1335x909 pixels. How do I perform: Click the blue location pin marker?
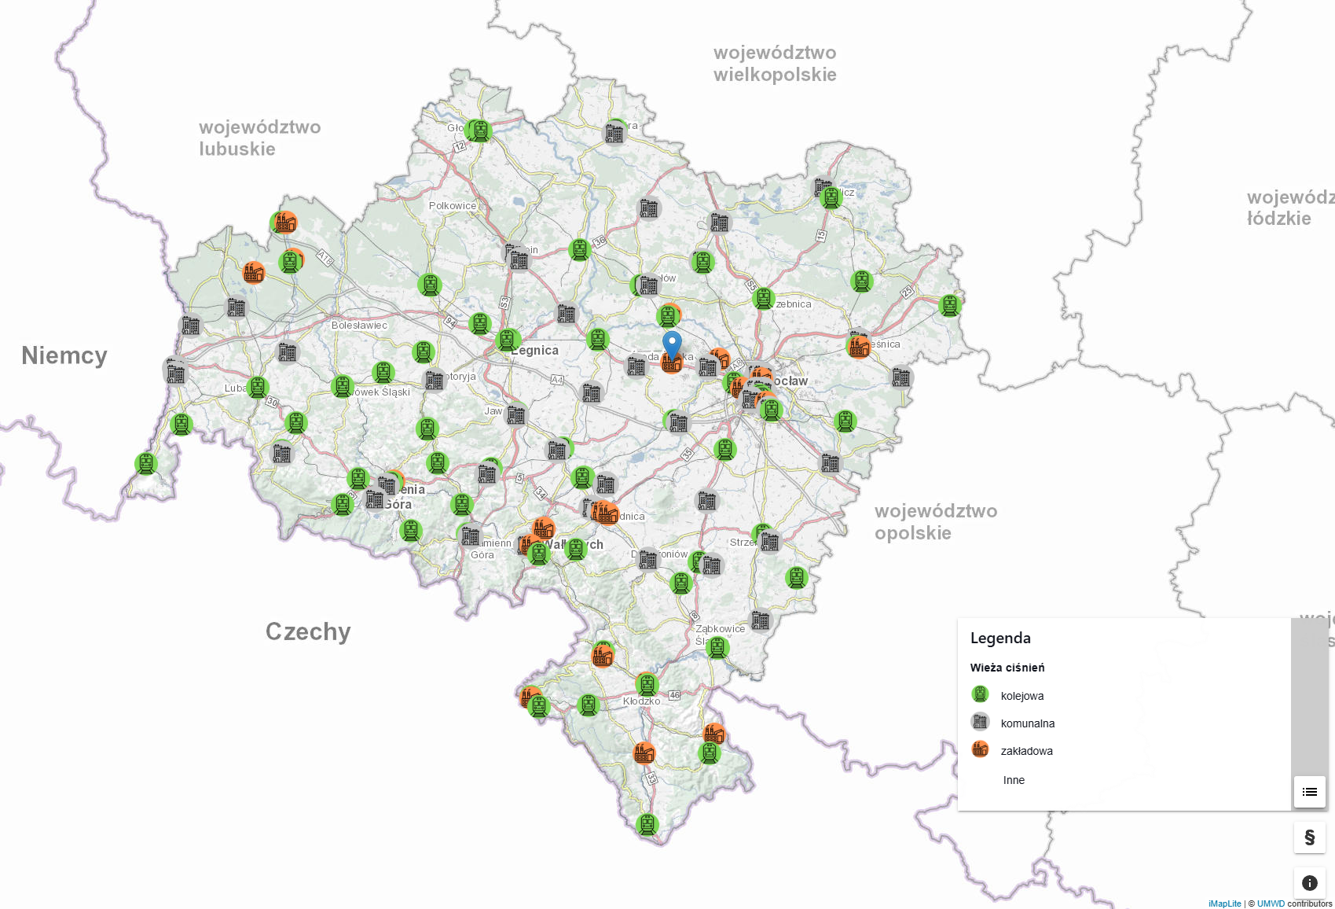(x=672, y=344)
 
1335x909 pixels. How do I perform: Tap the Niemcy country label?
(x=64, y=355)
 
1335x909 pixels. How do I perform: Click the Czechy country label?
(x=308, y=631)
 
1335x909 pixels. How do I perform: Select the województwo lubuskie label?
(x=259, y=138)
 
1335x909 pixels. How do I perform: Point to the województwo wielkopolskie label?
(x=775, y=64)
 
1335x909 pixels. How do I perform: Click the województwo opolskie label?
(x=936, y=522)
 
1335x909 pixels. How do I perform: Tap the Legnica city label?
(x=535, y=351)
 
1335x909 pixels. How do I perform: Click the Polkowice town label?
(x=452, y=206)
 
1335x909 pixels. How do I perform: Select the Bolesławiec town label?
(x=359, y=326)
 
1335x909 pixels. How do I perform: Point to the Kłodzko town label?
(x=641, y=701)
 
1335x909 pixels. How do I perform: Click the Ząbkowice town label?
(x=721, y=628)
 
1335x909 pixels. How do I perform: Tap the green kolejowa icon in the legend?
(x=980, y=694)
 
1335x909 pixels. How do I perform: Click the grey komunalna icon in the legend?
(x=980, y=722)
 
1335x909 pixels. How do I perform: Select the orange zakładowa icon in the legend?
(x=980, y=749)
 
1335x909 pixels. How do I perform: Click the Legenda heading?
(x=1000, y=639)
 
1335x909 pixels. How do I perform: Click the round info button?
(x=1309, y=883)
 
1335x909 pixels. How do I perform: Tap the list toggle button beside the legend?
(x=1309, y=792)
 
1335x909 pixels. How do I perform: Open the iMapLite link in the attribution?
(x=1224, y=903)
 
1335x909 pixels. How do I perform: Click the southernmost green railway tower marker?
(x=647, y=824)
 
